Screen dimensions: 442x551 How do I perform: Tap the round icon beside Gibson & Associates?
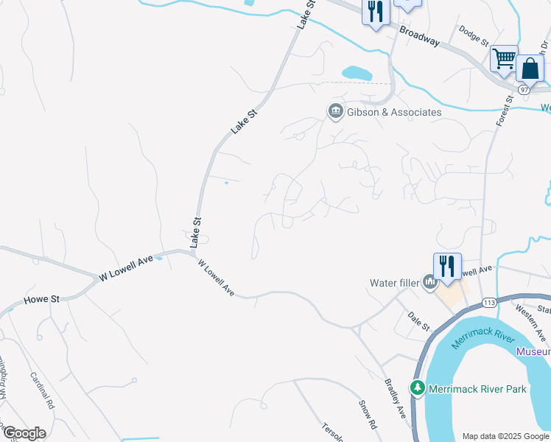click(x=335, y=111)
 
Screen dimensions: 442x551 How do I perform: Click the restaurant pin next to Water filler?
click(x=447, y=267)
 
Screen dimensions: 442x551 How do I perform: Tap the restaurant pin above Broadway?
click(x=376, y=12)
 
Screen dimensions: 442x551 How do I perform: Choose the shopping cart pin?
click(x=504, y=58)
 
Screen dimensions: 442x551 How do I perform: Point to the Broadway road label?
click(x=420, y=36)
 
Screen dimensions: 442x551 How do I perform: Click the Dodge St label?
click(x=474, y=35)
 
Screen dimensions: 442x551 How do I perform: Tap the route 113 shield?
click(x=489, y=303)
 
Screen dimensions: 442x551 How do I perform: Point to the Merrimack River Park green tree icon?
click(x=418, y=387)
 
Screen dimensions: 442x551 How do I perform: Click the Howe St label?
click(x=41, y=300)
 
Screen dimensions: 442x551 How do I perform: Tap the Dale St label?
click(x=418, y=322)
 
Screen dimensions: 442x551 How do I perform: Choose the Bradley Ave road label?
click(x=395, y=399)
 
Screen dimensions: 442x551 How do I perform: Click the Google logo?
click(x=24, y=432)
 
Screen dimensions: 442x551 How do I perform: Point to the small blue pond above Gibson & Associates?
click(x=357, y=73)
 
